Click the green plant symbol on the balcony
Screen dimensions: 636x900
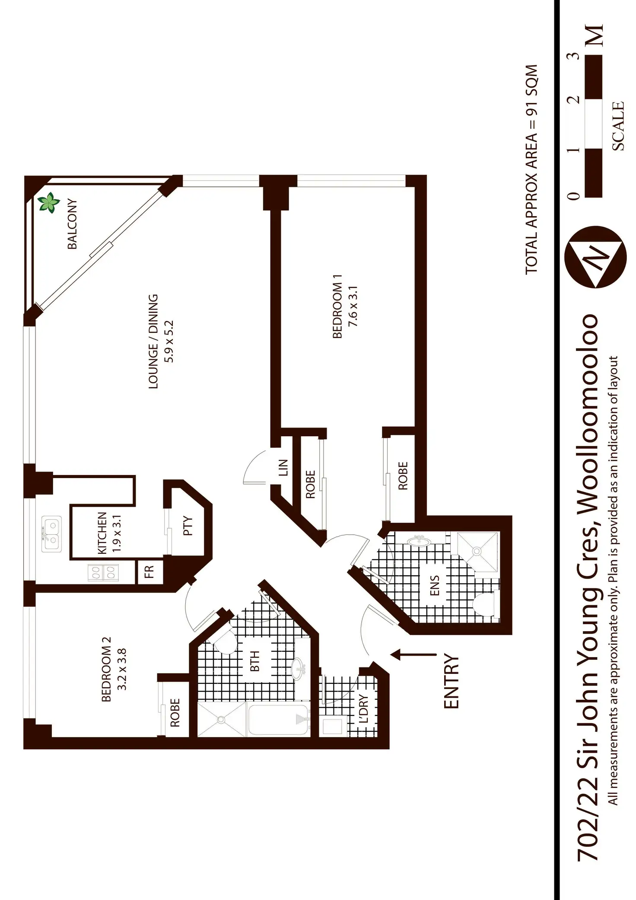pyautogui.click(x=48, y=203)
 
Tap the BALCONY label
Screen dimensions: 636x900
pyautogui.click(x=72, y=224)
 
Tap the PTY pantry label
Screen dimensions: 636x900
pyautogui.click(x=188, y=526)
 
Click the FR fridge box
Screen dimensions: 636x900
pyautogui.click(x=149, y=571)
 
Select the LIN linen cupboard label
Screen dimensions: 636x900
pyautogui.click(x=283, y=468)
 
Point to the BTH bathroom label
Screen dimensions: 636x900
pyautogui.click(x=255, y=661)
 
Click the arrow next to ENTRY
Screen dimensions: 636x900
pyautogui.click(x=413, y=654)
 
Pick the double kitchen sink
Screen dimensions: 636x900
pyautogui.click(x=51, y=534)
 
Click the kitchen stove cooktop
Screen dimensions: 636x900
pyautogui.click(x=103, y=573)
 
